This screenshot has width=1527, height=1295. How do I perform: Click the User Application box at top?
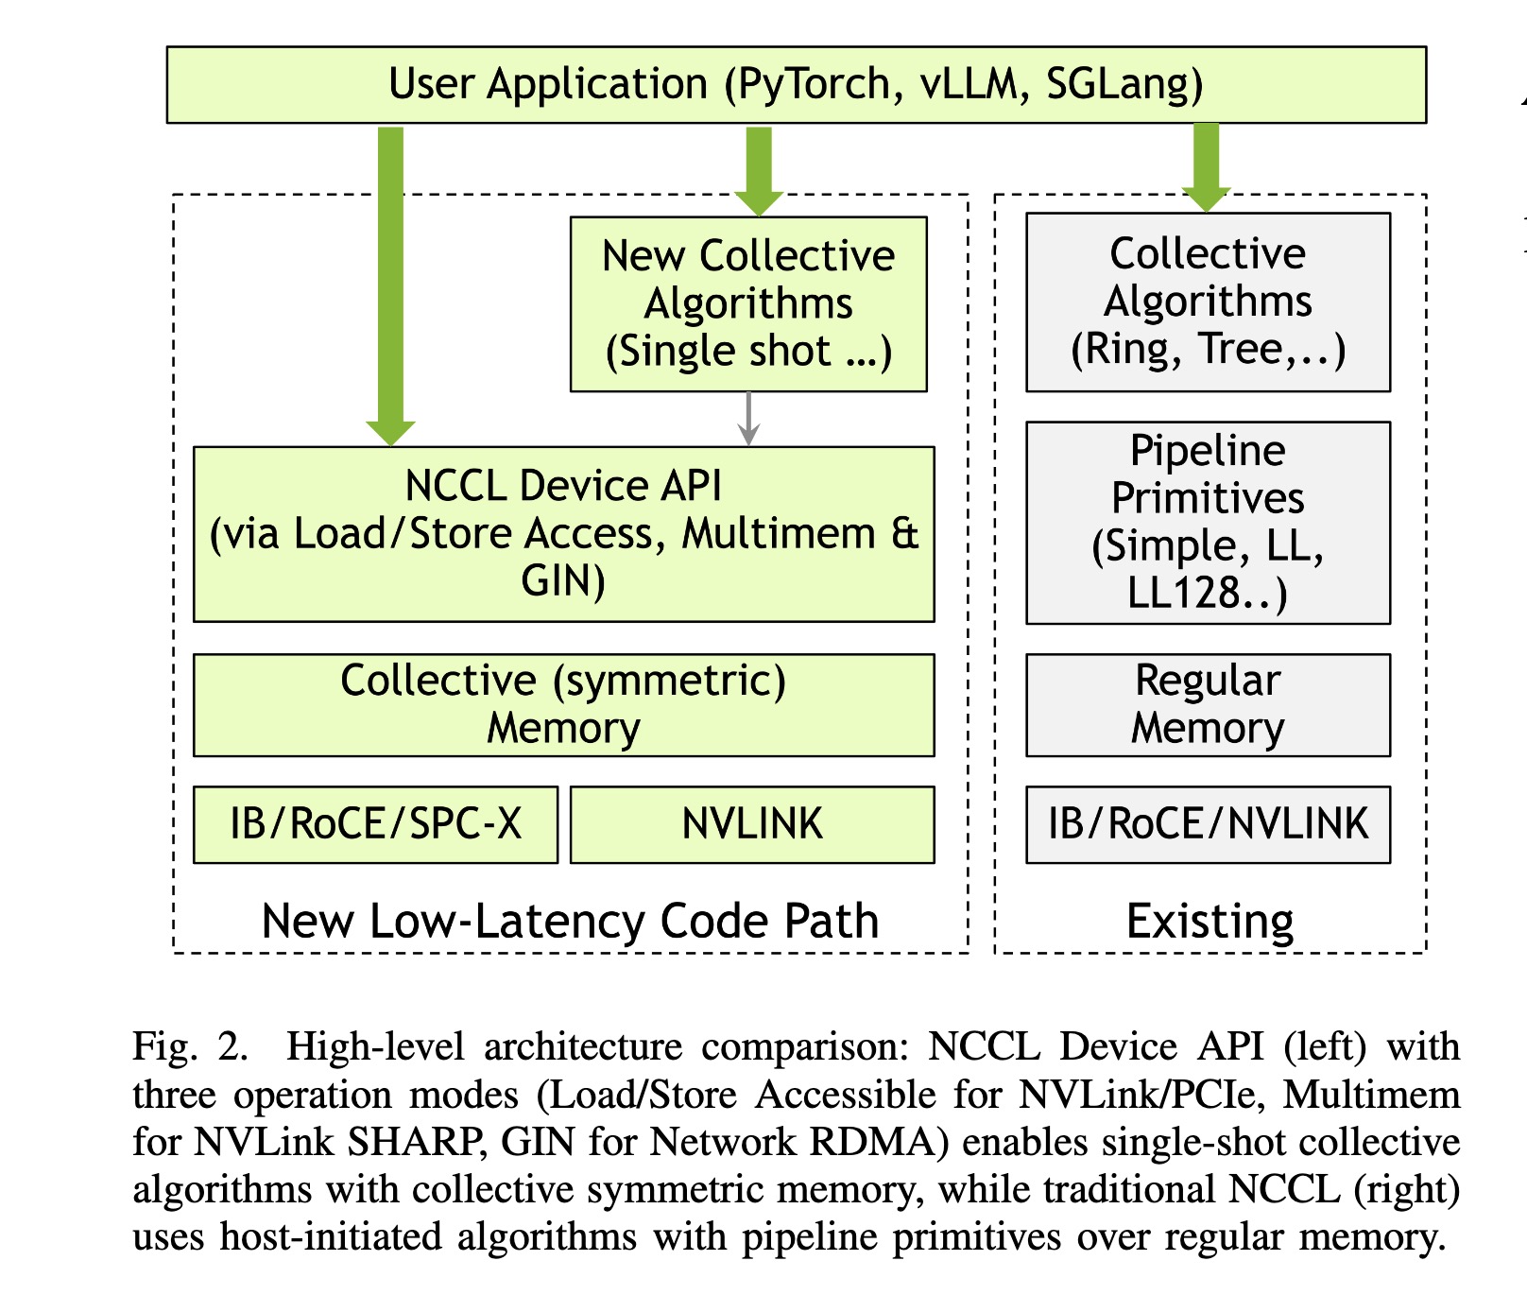pyautogui.click(x=796, y=84)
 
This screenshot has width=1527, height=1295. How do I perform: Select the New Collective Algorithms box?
pyautogui.click(x=748, y=304)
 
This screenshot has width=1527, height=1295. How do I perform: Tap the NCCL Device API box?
pyautogui.click(x=563, y=534)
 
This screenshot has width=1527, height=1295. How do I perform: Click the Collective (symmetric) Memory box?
pyautogui.click(x=563, y=705)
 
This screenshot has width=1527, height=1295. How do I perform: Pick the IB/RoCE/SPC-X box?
pyautogui.click(x=375, y=824)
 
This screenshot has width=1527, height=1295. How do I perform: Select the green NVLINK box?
pyautogui.click(x=752, y=824)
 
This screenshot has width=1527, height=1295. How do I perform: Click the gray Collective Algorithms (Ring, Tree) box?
pyautogui.click(x=1208, y=302)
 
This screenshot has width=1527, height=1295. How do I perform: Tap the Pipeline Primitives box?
pyautogui.click(x=1208, y=523)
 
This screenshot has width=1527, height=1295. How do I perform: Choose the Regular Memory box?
pyautogui.click(x=1208, y=705)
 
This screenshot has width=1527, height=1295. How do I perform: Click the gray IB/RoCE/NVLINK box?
pyautogui.click(x=1208, y=824)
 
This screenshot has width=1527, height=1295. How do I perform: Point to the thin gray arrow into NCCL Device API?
pyautogui.click(x=748, y=419)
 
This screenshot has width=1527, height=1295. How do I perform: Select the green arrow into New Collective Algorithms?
pyautogui.click(x=759, y=171)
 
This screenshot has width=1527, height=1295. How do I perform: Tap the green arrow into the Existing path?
pyautogui.click(x=1206, y=168)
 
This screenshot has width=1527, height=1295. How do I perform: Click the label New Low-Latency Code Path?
pyautogui.click(x=570, y=921)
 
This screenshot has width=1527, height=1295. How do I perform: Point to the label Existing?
pyautogui.click(x=1210, y=921)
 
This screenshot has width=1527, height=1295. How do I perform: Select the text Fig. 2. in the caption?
pyautogui.click(x=190, y=1047)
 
